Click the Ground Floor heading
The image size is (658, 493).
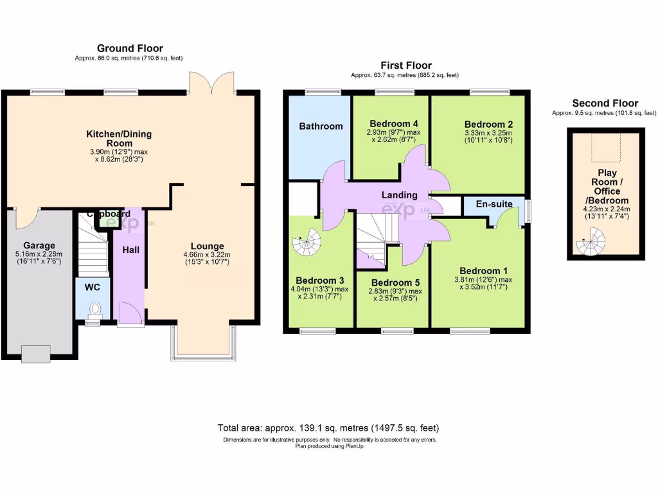point(130,48)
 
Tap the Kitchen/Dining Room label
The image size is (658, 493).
point(119,139)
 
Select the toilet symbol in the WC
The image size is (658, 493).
point(94,310)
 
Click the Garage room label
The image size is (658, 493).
point(39,245)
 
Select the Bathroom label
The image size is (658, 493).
point(321,126)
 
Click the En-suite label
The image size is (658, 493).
point(494,204)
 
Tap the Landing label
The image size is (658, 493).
point(399,195)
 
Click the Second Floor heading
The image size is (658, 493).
point(605,103)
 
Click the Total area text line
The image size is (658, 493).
point(329,428)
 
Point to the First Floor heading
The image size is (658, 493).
point(405,65)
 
